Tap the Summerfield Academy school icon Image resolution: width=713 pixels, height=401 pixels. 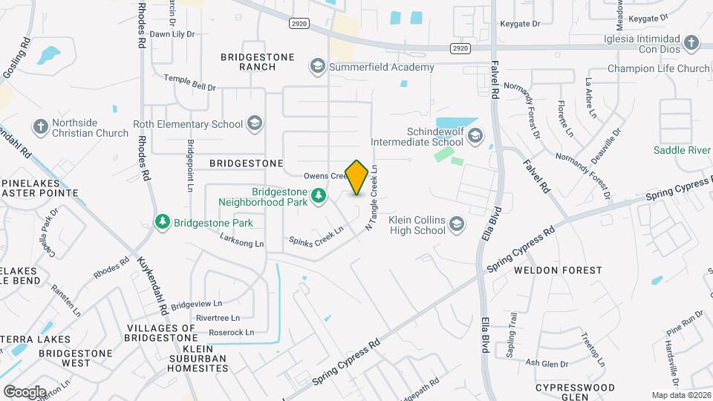coord(318,68)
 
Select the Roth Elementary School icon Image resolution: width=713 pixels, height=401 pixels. coord(255,124)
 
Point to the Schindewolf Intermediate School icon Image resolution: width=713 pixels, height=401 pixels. coord(475,136)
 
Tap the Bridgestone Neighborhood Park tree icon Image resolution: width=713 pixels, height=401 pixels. coord(319,195)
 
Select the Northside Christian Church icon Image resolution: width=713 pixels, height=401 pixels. coord(40,127)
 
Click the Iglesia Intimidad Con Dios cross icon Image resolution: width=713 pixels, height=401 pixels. coord(691,42)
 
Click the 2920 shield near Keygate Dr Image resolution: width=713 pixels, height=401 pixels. coord(460,48)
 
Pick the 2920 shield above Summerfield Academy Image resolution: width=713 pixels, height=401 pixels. coord(299,24)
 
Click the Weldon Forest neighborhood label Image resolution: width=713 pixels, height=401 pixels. coord(558,270)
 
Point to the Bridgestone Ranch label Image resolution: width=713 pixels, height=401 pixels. coord(247,62)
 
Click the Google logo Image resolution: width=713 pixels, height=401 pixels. coord(25,391)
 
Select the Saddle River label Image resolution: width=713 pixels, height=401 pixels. coord(683,150)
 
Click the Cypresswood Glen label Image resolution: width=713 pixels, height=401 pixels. coord(576,392)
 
